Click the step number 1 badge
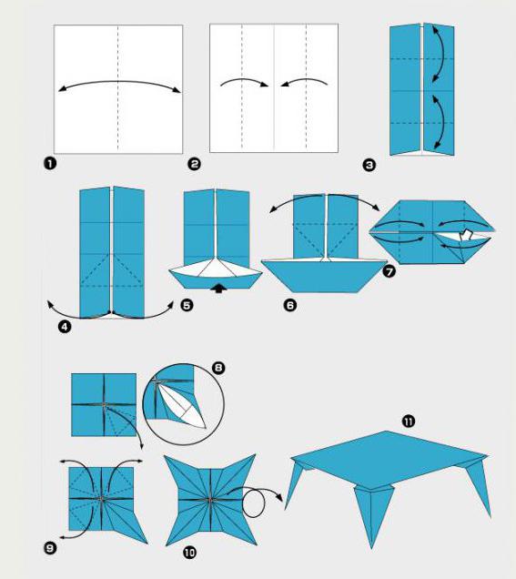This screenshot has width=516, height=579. coord(50,163)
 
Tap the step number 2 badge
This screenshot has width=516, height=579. coord(194,164)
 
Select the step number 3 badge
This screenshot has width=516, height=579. coord(369,165)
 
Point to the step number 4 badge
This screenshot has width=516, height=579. coord(65,327)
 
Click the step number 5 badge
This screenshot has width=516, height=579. coord(187,305)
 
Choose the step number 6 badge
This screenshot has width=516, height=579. coord(290,305)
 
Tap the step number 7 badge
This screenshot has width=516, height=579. coord(389,271)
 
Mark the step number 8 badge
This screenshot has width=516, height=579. coord(218,368)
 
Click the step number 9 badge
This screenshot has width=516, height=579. coord(50,548)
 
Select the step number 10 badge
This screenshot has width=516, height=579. coord(189,553)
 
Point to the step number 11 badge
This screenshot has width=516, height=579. coord(409,422)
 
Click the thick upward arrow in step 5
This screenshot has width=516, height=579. coord(218,288)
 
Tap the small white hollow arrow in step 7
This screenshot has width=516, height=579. coord(466,235)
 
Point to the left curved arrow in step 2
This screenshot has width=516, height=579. coord(244,81)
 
